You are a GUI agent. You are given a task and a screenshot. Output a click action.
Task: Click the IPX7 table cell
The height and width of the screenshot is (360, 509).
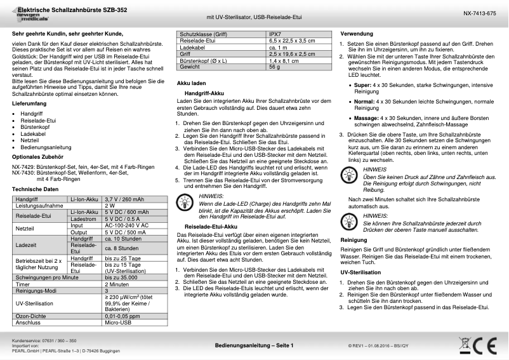[x=275, y=34]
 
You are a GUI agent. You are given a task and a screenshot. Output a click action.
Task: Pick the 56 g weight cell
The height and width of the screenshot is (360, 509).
[x=274, y=66]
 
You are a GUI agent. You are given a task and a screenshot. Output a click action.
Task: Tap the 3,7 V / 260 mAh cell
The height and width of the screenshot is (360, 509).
[x=126, y=199]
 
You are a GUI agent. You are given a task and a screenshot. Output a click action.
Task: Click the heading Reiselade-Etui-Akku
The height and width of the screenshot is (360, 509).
[x=210, y=227]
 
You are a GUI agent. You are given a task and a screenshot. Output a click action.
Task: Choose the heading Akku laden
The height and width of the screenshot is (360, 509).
[x=190, y=83]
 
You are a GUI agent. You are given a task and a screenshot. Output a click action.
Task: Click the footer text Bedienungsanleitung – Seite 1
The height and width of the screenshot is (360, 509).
[x=254, y=345]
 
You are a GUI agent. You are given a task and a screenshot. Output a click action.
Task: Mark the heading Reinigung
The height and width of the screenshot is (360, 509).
[x=354, y=240]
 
